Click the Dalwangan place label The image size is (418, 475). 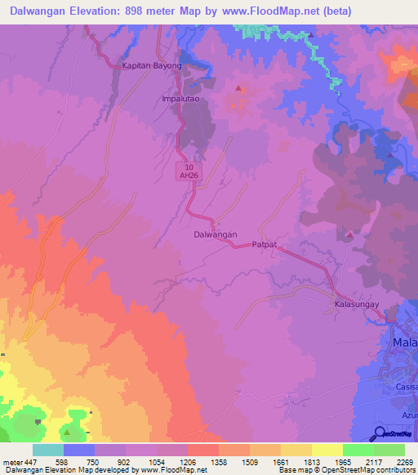(215, 234)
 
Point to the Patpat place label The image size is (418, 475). (265, 244)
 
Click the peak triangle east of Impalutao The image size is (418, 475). (238, 87)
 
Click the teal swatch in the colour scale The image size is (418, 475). (48, 450)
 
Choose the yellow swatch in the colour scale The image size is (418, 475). (327, 450)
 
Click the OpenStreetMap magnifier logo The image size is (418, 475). (380, 433)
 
